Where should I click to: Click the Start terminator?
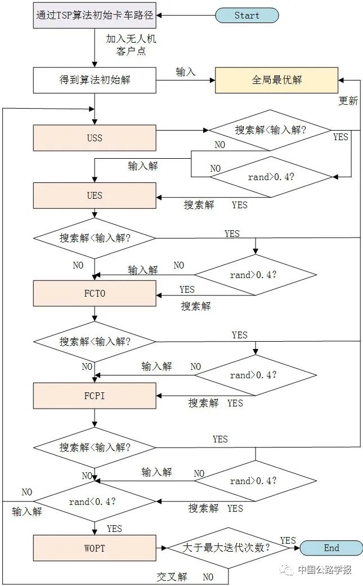247,15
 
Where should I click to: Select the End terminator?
331,548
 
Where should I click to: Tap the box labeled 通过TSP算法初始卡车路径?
95,15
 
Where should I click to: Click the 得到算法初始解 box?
95,80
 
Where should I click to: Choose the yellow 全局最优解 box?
277,80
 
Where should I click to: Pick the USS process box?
95,138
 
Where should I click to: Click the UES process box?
95,196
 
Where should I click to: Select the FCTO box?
95,294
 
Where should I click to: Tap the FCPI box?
95,396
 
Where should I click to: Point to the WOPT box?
95,548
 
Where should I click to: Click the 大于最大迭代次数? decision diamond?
229,548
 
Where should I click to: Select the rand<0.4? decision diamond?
95,502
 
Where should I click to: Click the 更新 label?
348,101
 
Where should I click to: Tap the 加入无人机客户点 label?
131,45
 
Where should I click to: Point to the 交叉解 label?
172,577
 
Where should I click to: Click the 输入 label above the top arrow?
185,72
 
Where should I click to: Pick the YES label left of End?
288,540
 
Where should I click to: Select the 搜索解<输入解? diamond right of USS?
271,130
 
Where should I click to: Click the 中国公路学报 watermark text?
325,570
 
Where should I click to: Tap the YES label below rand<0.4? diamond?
114,529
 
